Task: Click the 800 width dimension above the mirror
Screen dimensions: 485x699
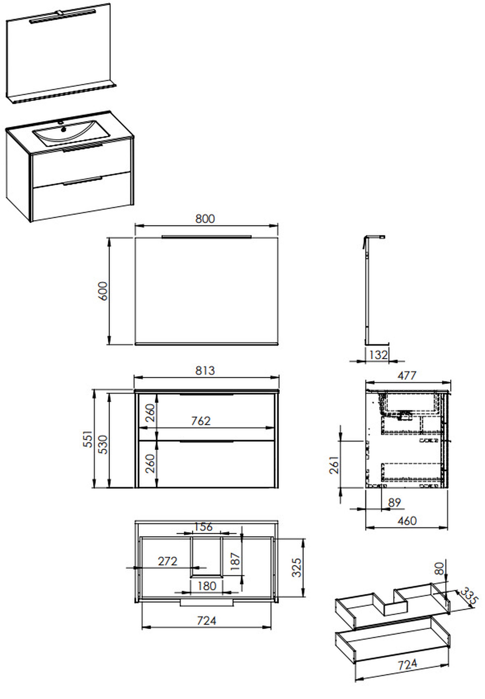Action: [205, 219]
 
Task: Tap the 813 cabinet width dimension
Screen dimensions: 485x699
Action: [205, 371]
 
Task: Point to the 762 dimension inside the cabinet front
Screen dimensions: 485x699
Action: [201, 421]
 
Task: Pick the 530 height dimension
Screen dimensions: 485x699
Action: [103, 444]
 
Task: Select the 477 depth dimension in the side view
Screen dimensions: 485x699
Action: [407, 376]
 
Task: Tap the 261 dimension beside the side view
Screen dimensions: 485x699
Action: [334, 465]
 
